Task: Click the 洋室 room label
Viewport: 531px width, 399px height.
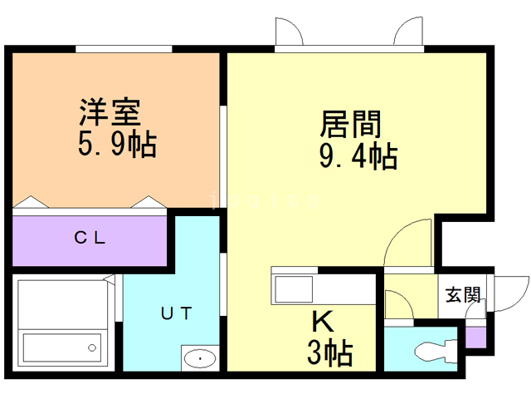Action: (109, 111)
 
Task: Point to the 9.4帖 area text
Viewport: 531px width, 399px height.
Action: (358, 155)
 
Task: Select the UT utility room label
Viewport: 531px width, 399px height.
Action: (176, 313)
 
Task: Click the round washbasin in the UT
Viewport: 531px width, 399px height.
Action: (199, 358)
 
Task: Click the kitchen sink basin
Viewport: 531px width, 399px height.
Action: (294, 291)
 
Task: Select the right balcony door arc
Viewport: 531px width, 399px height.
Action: (411, 32)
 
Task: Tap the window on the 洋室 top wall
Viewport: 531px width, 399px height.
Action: (124, 49)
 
